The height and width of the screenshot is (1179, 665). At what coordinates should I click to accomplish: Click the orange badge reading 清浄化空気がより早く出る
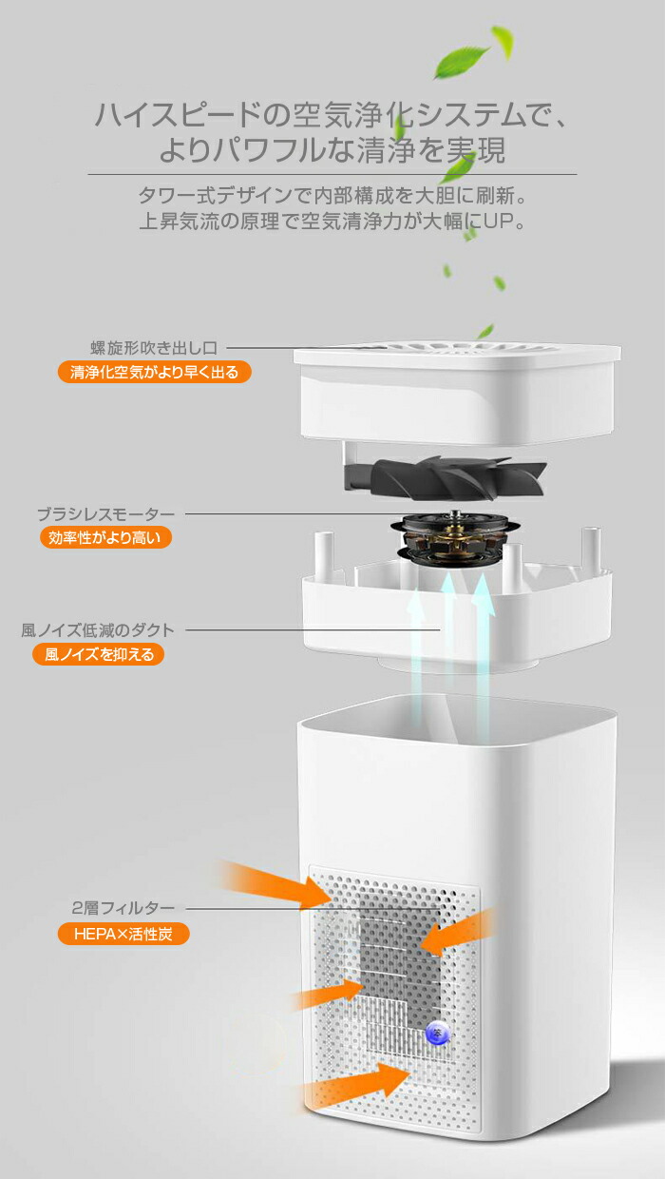click(x=155, y=372)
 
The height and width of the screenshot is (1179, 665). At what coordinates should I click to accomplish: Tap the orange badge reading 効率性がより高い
click(x=105, y=537)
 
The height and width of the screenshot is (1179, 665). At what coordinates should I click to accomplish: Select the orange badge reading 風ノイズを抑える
click(x=98, y=654)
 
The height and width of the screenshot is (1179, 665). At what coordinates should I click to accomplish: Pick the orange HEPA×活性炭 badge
click(x=123, y=934)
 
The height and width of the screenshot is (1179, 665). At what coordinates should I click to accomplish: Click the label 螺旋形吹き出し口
click(x=154, y=348)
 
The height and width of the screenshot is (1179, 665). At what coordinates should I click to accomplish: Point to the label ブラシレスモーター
click(x=105, y=513)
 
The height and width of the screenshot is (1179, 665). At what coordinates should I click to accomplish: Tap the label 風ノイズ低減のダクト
click(x=98, y=630)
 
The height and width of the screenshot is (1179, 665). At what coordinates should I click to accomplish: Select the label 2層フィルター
click(x=123, y=908)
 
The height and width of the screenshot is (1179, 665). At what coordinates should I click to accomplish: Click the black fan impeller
click(x=445, y=477)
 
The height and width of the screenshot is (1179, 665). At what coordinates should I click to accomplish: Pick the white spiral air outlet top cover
click(x=457, y=394)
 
